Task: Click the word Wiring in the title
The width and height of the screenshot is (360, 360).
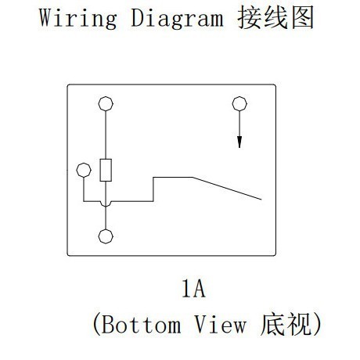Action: pos(78,18)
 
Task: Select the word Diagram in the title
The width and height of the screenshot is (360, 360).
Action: pos(177,18)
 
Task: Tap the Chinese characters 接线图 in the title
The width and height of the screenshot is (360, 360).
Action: pos(275,18)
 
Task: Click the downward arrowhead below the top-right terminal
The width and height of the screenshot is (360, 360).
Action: pos(239,142)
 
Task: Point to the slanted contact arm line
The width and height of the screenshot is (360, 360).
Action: pos(227,189)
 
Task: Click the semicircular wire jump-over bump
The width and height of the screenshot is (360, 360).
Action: pos(106,204)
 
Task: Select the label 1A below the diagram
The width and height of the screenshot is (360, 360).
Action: pos(193,288)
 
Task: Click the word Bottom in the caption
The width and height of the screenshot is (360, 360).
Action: pos(141,324)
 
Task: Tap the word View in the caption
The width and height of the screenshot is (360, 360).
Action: pos(221,324)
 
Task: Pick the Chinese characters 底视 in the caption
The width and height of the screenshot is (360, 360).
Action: pos(286,324)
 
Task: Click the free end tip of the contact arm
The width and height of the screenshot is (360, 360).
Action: pos(261,200)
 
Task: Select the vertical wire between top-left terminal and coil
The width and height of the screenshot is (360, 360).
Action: pos(106,135)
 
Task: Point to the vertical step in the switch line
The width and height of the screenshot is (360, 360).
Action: pos(153,189)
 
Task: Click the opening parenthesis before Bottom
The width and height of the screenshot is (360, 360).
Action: pos(96,324)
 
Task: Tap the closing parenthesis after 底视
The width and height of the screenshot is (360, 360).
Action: pos(318,324)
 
